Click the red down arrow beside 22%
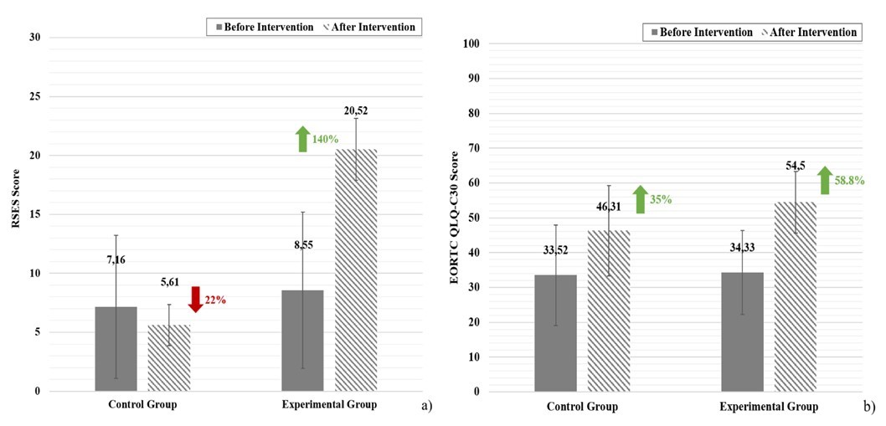tap(195, 299)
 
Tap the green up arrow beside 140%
tap(302, 139)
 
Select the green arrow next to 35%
tap(640, 199)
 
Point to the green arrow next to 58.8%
tap(825, 180)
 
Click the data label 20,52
tap(354, 110)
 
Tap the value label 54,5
tap(794, 167)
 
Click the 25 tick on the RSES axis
tap(34, 96)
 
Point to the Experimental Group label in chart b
tap(768, 407)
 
